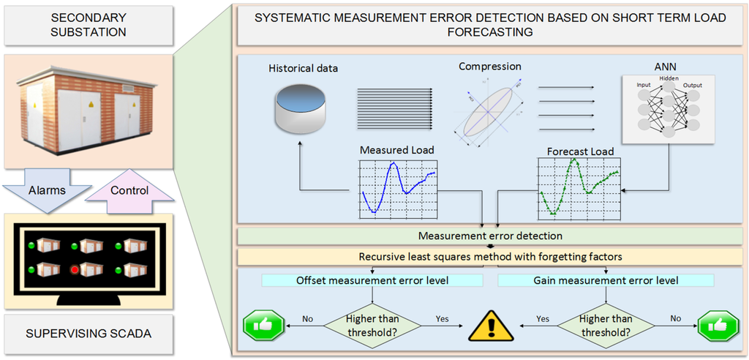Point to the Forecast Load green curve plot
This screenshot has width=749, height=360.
(579, 190)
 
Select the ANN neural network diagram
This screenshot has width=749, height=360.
(666, 108)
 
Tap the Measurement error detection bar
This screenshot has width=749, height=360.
(489, 236)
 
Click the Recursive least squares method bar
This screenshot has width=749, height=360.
(489, 258)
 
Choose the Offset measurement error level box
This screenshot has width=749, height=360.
(373, 280)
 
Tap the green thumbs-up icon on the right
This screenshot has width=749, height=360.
(717, 325)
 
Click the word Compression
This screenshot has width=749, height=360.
(489, 67)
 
